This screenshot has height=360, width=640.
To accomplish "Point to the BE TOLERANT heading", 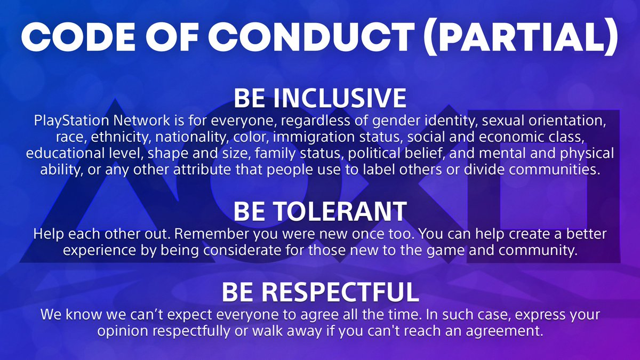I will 320,212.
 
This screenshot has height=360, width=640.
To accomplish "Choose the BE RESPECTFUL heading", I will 320,292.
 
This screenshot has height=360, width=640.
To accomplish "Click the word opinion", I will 121,331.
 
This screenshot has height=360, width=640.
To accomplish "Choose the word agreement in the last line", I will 506,331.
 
